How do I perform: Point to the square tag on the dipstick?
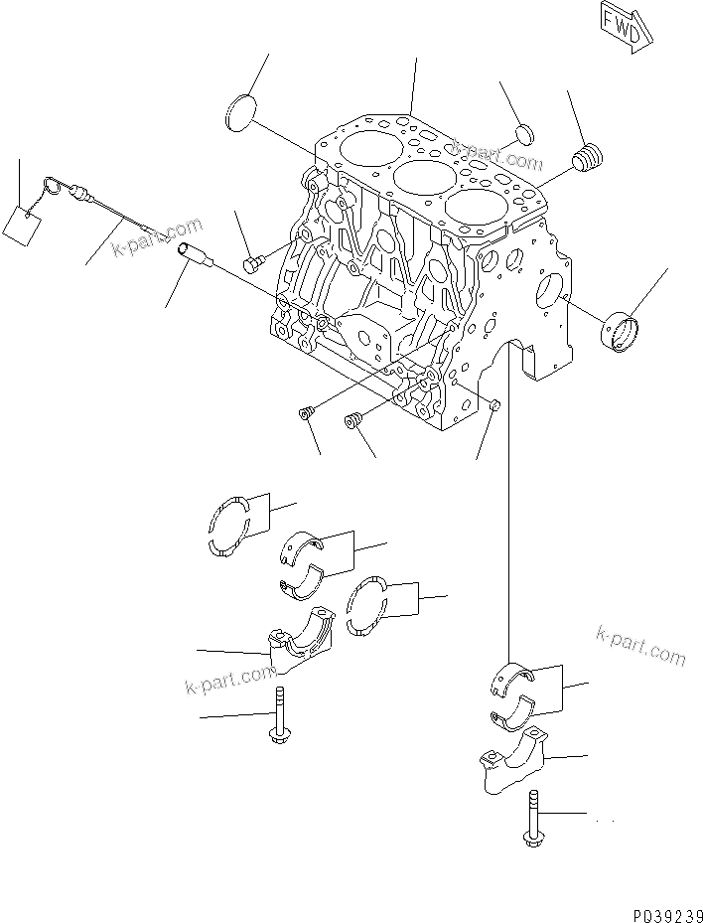pyautogui.click(x=21, y=224)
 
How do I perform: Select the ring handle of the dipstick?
pyautogui.click(x=54, y=187)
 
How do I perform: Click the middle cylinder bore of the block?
pyautogui.click(x=420, y=180)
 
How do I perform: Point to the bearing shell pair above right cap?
pyautogui.click(x=514, y=691)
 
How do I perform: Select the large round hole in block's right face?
pyautogui.click(x=548, y=291)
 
